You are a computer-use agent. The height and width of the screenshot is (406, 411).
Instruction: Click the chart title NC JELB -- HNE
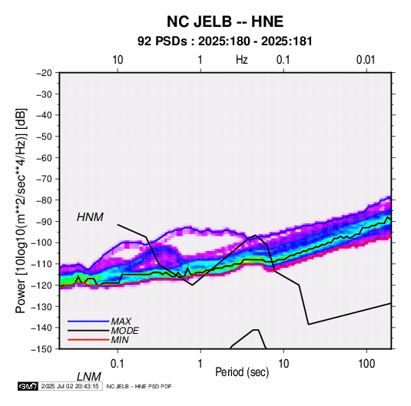click(x=225, y=21)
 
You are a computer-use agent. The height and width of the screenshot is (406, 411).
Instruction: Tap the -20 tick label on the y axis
click(x=44, y=73)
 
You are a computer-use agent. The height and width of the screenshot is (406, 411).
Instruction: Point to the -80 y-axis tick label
click(x=44, y=200)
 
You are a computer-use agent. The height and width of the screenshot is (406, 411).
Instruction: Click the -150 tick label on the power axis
click(x=41, y=349)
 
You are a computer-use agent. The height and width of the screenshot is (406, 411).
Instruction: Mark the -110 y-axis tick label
click(x=41, y=264)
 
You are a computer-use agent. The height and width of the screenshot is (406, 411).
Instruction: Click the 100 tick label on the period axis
click(x=366, y=363)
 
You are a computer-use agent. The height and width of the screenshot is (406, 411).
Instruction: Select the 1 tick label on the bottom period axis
click(x=201, y=363)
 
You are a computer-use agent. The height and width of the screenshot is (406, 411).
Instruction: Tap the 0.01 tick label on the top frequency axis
click(x=366, y=60)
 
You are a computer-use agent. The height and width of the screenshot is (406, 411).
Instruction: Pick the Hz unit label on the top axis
click(x=242, y=60)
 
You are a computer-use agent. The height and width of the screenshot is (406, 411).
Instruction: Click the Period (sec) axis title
click(x=242, y=372)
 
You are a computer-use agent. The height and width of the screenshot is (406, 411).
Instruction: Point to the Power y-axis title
click(x=21, y=210)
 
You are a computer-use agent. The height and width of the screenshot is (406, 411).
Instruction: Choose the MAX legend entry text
click(x=121, y=321)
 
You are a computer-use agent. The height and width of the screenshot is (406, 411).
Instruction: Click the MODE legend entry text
click(x=124, y=331)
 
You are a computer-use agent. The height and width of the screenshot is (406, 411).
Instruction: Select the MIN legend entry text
click(x=120, y=340)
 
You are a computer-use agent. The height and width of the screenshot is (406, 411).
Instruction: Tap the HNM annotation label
click(x=90, y=217)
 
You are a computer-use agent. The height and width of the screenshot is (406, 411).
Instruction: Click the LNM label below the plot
click(x=89, y=377)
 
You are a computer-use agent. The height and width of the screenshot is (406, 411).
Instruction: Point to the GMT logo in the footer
click(x=28, y=386)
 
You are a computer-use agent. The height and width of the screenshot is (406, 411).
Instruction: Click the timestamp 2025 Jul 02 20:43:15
click(x=70, y=386)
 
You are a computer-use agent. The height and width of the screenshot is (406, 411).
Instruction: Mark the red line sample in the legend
click(x=88, y=340)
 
